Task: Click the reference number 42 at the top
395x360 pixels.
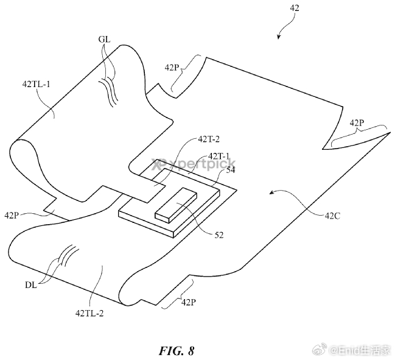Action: click(x=295, y=8)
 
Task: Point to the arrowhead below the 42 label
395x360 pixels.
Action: click(x=278, y=37)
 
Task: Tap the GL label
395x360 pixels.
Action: click(x=104, y=39)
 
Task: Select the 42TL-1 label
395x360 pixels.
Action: click(x=37, y=83)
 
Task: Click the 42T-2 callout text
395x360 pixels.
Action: click(x=209, y=139)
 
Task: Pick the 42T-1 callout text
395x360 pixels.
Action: click(x=218, y=156)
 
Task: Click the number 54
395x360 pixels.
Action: click(x=231, y=170)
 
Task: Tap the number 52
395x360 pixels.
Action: click(x=219, y=235)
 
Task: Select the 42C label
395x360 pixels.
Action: click(x=332, y=216)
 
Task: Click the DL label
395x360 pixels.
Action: click(x=31, y=285)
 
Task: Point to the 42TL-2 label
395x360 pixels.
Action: click(x=89, y=313)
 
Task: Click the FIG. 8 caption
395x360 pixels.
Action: click(x=177, y=350)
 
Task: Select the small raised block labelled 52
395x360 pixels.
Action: click(x=176, y=205)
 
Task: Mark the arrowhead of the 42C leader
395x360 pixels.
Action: click(x=272, y=193)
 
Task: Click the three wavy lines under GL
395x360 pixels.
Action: click(x=109, y=91)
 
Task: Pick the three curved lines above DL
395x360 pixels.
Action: click(x=69, y=255)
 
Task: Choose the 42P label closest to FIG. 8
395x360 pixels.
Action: click(x=189, y=302)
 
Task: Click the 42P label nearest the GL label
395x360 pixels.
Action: click(x=172, y=68)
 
